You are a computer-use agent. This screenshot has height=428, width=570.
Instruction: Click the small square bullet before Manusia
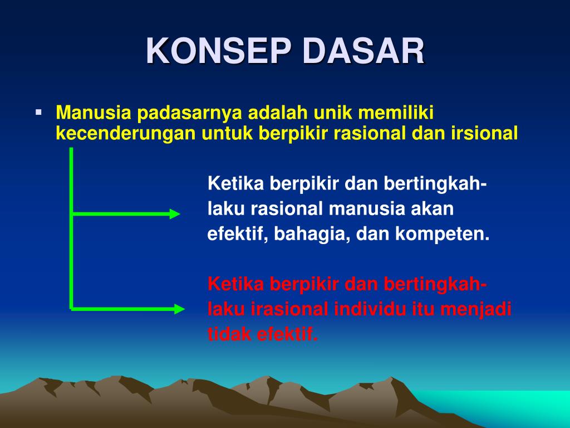pyautogui.click(x=38, y=112)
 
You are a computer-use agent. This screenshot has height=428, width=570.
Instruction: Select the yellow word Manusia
pyautogui.click(x=94, y=113)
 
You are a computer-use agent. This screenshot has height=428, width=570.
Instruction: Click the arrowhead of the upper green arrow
pyautogui.click(x=175, y=213)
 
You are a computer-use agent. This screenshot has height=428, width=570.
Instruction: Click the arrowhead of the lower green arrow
pyautogui.click(x=179, y=309)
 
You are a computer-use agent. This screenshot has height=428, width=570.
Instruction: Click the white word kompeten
pyautogui.click(x=443, y=234)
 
